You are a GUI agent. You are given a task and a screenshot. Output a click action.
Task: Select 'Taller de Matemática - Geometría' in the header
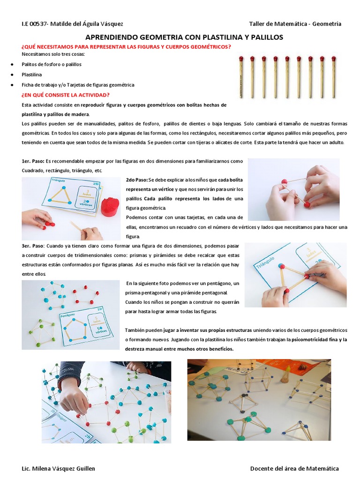tap(295, 24)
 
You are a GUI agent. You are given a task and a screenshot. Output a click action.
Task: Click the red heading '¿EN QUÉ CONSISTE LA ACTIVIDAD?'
tap(66, 95)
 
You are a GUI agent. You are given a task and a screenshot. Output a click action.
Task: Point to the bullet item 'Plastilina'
tap(32, 75)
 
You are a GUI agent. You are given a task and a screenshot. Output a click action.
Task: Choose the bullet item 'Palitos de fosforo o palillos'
tap(52, 64)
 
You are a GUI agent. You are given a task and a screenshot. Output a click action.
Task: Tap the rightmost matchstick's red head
tap(334, 59)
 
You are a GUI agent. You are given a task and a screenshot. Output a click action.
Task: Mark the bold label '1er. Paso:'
tap(33, 161)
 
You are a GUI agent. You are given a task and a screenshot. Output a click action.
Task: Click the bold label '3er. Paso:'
tap(33, 246)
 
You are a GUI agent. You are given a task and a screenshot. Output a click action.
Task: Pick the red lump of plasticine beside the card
tap(111, 206)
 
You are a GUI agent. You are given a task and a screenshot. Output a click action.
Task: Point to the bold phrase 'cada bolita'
tap(231, 180)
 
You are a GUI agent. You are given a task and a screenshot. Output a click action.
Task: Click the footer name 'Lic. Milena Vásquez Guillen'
tap(58, 468)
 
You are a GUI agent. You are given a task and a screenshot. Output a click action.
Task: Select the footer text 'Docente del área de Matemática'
tap(294, 468)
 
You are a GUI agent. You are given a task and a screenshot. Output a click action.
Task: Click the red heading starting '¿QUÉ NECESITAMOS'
tap(127, 47)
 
